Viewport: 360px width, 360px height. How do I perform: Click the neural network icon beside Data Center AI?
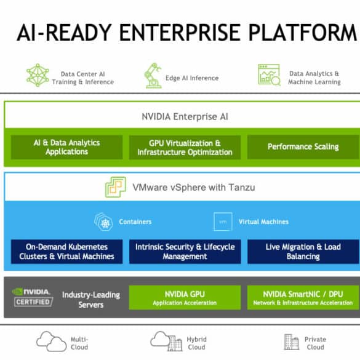pyautogui.click(x=38, y=75)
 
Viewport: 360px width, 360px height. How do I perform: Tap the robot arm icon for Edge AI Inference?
pyautogui.click(x=153, y=76)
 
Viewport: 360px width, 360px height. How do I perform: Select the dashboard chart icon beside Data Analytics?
pyautogui.click(x=269, y=75)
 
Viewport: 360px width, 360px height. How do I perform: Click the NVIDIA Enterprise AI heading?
pyautogui.click(x=185, y=117)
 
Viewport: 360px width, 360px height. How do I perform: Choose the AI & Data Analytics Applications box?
pyautogui.click(x=66, y=147)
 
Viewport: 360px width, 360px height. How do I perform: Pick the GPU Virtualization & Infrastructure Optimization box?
pyautogui.click(x=185, y=147)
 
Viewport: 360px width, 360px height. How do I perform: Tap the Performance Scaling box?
pyautogui.click(x=303, y=147)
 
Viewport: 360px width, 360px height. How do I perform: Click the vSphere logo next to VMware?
pyautogui.click(x=116, y=187)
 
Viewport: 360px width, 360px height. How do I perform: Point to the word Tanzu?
pyautogui.click(x=241, y=187)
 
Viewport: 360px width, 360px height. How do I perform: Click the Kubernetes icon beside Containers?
pyautogui.click(x=103, y=222)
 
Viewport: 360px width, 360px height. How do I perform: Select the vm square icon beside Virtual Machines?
pyautogui.click(x=223, y=222)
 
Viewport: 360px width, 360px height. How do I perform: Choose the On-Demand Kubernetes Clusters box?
pyautogui.click(x=66, y=252)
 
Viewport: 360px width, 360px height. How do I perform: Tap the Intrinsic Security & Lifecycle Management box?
pyautogui.click(x=185, y=252)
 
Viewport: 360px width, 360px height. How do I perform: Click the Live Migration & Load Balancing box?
pyautogui.click(x=303, y=252)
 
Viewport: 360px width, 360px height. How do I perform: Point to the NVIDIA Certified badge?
pyautogui.click(x=33, y=297)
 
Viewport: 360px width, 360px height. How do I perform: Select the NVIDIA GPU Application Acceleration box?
pyautogui.click(x=185, y=298)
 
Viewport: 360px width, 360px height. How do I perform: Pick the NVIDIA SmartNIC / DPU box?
pyautogui.click(x=303, y=298)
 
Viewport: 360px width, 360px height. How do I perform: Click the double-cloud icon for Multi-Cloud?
pyautogui.click(x=52, y=342)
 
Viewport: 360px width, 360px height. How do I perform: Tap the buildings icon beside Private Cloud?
pyautogui.click(x=291, y=342)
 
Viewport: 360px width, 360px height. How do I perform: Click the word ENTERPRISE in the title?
pyautogui.click(x=180, y=33)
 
